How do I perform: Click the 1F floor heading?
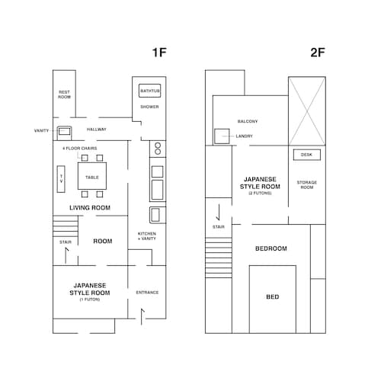coord(159,53)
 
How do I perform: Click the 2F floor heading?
coord(318,53)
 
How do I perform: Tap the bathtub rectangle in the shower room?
coord(150,91)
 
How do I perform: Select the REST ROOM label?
coord(64,94)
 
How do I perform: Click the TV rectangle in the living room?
coord(61,179)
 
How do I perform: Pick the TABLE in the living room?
coord(92,176)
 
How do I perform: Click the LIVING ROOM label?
coord(90,208)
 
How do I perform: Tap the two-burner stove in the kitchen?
coord(158,149)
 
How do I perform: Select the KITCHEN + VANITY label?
coord(147,236)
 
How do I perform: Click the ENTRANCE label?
coord(147,293)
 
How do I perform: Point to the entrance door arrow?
coord(142,316)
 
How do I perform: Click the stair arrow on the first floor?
coord(66,255)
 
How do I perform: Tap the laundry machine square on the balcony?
coord(222,136)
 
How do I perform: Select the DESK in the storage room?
coord(307,155)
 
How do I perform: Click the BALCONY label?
coord(248,121)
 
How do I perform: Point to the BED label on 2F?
coord(273,296)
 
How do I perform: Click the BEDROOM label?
coord(271,248)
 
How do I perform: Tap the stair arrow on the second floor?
coord(218,212)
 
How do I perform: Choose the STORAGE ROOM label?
coord(307,185)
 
